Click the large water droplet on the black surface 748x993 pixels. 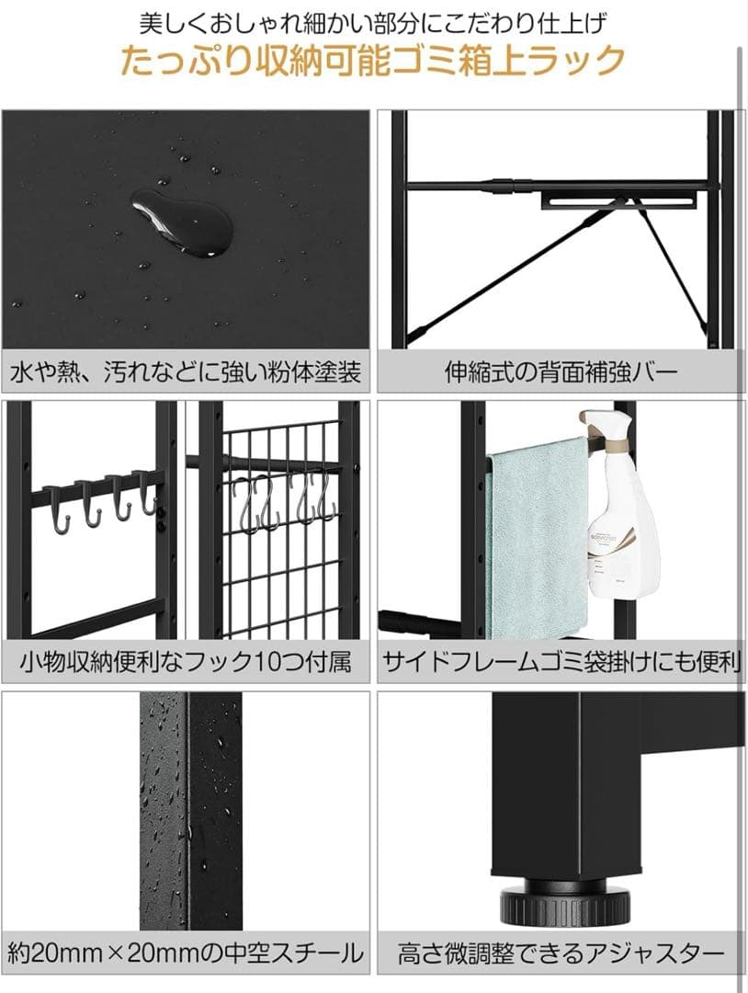[x=183, y=222]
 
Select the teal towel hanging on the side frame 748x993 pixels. [x=537, y=538]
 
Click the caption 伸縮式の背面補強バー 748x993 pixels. [x=561, y=372]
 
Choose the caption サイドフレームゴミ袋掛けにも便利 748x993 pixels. [x=561, y=661]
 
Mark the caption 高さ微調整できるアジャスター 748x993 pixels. [x=561, y=953]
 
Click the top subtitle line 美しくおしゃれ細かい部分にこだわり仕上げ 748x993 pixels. [x=374, y=21]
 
